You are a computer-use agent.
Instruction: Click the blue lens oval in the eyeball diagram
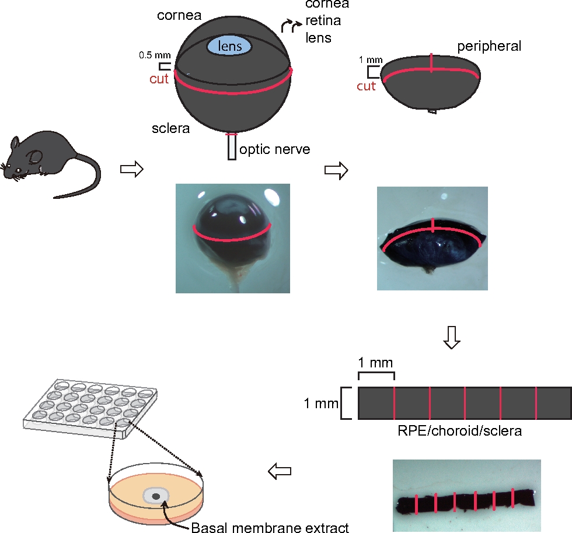pyautogui.click(x=229, y=46)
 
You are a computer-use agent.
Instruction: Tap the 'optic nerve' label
pyautogui.click(x=275, y=149)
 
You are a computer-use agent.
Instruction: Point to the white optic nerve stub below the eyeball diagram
pyautogui.click(x=232, y=147)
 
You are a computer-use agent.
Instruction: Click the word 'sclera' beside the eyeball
pyautogui.click(x=170, y=128)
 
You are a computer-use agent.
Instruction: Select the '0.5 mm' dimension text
pyautogui.click(x=155, y=55)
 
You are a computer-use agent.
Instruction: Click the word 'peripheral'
pyautogui.click(x=489, y=47)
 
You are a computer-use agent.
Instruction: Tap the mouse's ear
pyautogui.click(x=36, y=157)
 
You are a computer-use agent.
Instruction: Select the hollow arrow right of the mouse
pyautogui.click(x=132, y=169)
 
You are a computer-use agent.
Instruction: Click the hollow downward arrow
pyautogui.click(x=452, y=337)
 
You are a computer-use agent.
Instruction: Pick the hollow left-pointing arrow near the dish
pyautogui.click(x=280, y=471)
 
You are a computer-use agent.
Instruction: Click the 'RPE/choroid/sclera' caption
pyautogui.click(x=460, y=431)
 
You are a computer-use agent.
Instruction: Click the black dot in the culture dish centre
pyautogui.click(x=156, y=496)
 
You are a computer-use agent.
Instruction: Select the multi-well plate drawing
pyautogui.click(x=90, y=408)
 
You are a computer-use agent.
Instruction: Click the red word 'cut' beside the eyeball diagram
pyautogui.click(x=159, y=79)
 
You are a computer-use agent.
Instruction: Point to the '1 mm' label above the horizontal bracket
pyautogui.click(x=375, y=363)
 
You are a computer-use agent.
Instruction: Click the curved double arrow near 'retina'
pyautogui.click(x=291, y=26)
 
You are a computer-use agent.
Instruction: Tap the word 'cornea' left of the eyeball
pyautogui.click(x=179, y=15)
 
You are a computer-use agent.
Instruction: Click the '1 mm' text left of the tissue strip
pyautogui.click(x=321, y=403)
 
